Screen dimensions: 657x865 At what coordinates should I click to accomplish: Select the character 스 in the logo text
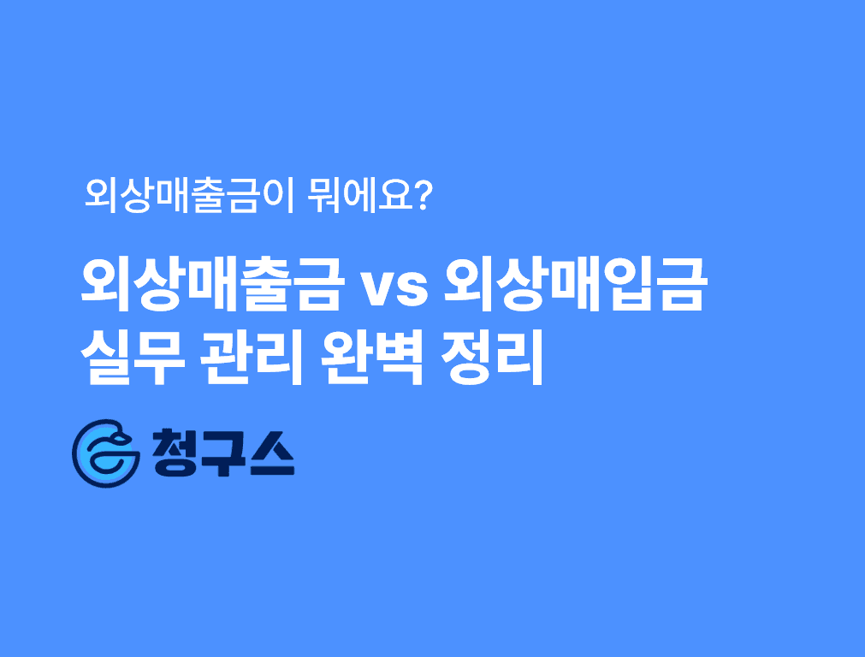point(271,453)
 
